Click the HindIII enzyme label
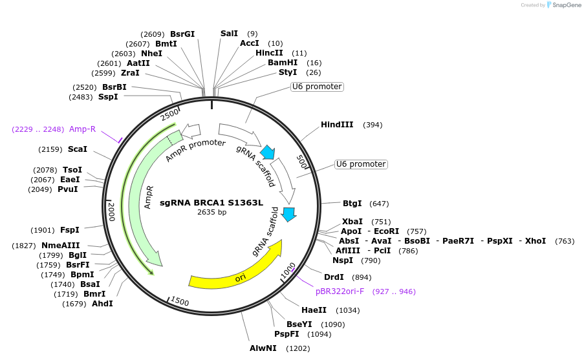coord(336,125)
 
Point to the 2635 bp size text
coord(211,212)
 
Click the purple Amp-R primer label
coord(82,129)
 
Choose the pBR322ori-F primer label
coord(340,291)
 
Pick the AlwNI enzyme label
coord(263,348)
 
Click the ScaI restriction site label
coord(77,149)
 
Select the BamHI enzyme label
coord(283,63)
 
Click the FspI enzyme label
coord(69,230)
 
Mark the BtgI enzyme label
coord(352,204)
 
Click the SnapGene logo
coord(563,5)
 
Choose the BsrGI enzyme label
coord(182,34)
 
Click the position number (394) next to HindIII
coord(373,125)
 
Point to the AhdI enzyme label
coord(102,304)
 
